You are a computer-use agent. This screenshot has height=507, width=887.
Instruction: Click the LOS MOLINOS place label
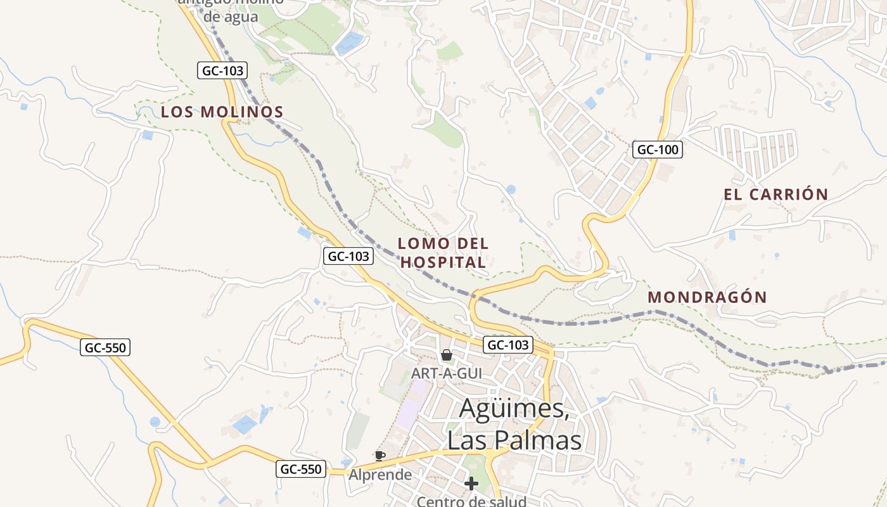[x=222, y=112]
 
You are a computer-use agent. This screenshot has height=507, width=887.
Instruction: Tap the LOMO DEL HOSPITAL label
[x=443, y=252]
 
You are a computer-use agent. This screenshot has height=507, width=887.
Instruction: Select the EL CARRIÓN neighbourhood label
[x=776, y=195]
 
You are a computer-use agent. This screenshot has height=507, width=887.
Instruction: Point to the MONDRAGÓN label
[x=707, y=297]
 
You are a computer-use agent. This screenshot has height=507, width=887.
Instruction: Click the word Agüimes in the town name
[x=513, y=408]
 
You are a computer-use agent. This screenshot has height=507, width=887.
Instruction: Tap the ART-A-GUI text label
[x=446, y=373]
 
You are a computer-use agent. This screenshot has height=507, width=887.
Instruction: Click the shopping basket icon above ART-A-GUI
[x=447, y=355]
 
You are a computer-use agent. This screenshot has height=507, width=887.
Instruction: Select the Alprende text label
[x=380, y=474]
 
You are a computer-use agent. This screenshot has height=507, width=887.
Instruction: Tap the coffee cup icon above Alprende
[x=380, y=456]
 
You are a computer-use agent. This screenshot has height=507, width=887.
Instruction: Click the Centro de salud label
[x=471, y=501]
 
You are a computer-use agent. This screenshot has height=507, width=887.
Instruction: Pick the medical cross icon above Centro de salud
[x=471, y=484]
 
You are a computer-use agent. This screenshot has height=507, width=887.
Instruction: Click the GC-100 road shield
[x=657, y=150]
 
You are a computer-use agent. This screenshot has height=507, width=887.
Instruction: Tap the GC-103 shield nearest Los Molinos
[x=222, y=70]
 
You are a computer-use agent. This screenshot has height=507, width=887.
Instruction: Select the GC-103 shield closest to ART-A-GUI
[x=507, y=345]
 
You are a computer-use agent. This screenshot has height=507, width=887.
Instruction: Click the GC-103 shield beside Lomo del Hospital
[x=348, y=256]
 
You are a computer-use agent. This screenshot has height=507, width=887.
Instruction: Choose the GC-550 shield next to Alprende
[x=301, y=469]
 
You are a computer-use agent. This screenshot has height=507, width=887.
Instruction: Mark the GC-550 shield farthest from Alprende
[x=105, y=347]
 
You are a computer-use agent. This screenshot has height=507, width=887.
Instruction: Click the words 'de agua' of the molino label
[x=231, y=16]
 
